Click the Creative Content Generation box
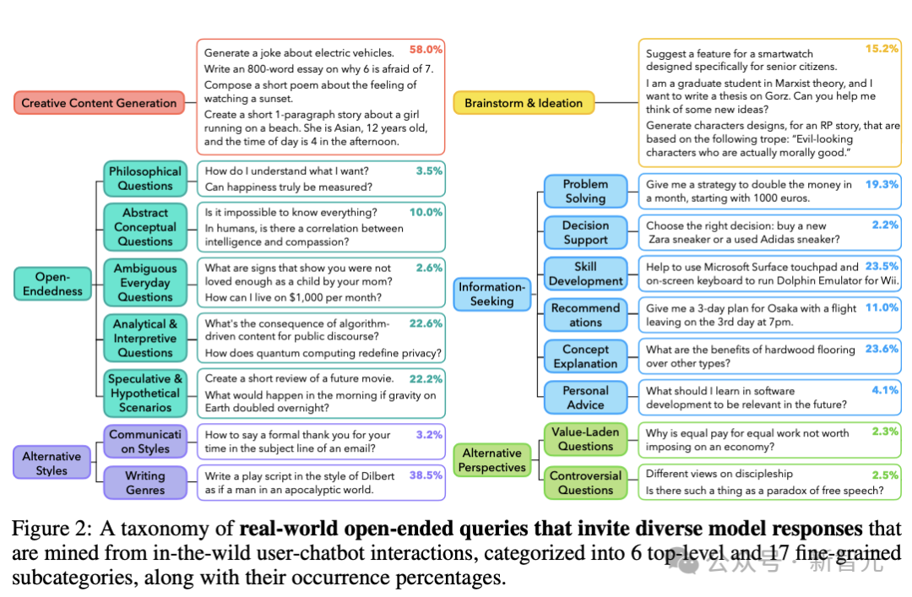[99, 103]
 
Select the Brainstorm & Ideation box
[524, 103]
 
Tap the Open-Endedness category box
[52, 284]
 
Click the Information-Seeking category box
[492, 294]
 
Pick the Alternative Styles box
[52, 463]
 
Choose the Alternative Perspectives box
[492, 460]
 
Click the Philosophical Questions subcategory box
[145, 178]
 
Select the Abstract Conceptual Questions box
[145, 227]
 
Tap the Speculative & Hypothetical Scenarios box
[145, 393]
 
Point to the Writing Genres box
[145, 482]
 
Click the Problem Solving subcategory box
[585, 191]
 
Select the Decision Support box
[585, 232]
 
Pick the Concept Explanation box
[585, 356]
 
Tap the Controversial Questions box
[585, 482]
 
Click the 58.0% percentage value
[426, 50]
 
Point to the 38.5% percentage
[426, 475]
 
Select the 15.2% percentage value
[882, 49]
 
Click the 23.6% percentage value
[882, 349]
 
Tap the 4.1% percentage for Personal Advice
[885, 390]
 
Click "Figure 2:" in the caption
[52, 529]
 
